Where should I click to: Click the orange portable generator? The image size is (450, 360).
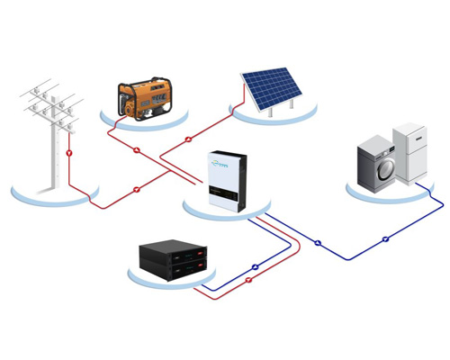coord(144,97)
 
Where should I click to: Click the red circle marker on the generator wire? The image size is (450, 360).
coord(137,150)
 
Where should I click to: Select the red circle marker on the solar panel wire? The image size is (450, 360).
coord(188,140)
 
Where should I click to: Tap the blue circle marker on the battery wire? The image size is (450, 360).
coord(256,266)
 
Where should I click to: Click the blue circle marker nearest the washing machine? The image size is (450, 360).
coord(385,238)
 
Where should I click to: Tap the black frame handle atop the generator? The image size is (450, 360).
coord(144,82)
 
